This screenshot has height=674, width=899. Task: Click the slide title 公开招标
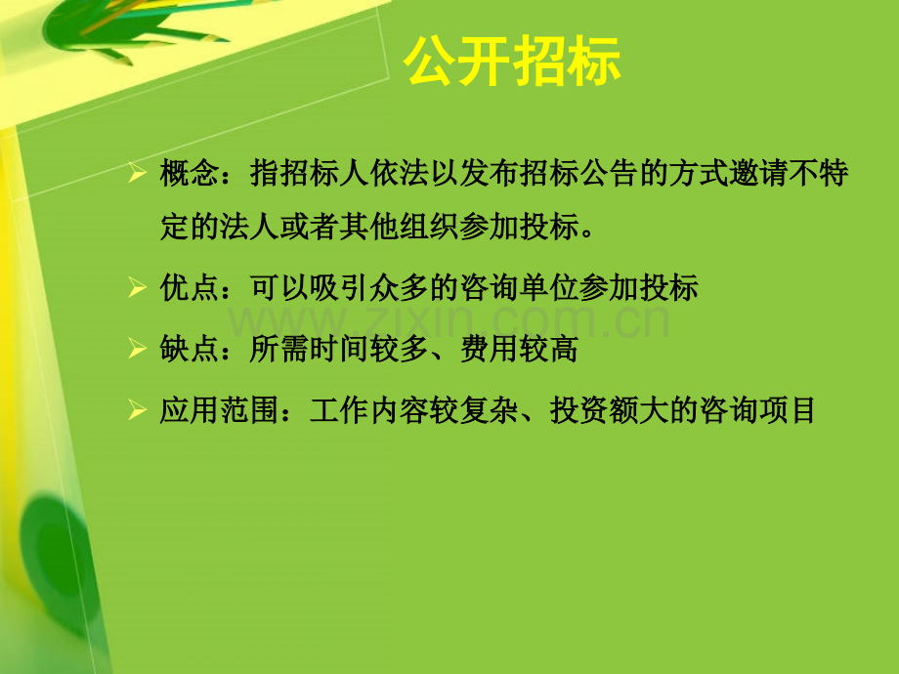tap(512, 63)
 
